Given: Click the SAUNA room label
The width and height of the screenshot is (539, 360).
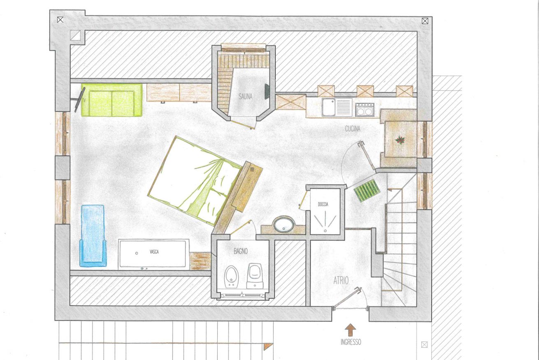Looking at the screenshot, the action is [x=246, y=97].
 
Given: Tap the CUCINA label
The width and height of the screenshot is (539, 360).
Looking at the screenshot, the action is [x=353, y=129].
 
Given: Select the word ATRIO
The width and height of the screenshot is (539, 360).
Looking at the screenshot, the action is [x=341, y=280].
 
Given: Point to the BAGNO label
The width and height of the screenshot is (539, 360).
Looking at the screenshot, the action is [x=241, y=251].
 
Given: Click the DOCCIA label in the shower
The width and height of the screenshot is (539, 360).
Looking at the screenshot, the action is [x=323, y=204].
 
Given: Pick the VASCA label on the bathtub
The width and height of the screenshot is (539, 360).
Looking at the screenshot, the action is [x=154, y=252].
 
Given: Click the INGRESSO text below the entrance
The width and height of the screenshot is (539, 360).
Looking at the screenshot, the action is [x=351, y=342].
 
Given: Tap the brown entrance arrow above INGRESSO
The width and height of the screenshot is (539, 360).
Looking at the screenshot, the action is [x=351, y=330].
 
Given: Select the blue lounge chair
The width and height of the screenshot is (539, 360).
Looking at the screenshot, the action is [x=93, y=236].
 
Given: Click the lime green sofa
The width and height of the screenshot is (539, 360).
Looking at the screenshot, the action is [x=112, y=100].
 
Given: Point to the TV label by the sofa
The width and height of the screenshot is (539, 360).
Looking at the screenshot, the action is [x=84, y=100].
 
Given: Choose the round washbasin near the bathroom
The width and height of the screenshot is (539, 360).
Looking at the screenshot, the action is [x=284, y=224].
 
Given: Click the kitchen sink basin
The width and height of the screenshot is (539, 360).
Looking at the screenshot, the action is [x=329, y=107].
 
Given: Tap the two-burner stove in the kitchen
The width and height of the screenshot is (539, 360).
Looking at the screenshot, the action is [x=365, y=110].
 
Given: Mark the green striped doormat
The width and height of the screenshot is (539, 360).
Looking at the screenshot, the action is [x=367, y=190].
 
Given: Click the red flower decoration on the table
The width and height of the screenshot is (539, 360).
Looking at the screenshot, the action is [x=400, y=140].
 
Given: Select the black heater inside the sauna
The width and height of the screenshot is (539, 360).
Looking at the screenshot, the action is [x=267, y=92].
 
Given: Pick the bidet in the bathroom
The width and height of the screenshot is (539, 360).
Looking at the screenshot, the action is [x=231, y=277].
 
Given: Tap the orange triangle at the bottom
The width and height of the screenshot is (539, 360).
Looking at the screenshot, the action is [x=267, y=347].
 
